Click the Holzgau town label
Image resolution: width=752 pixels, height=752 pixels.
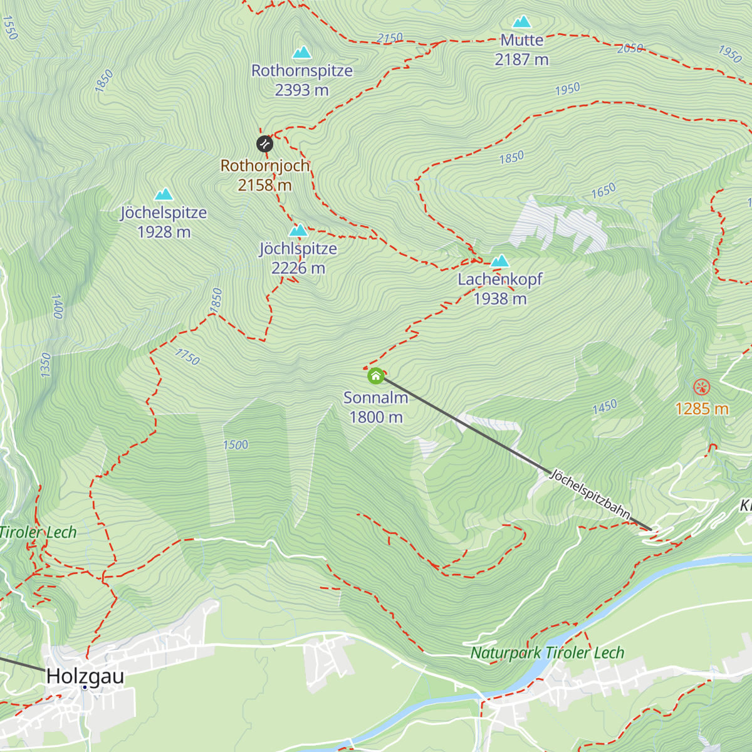(x=85, y=677)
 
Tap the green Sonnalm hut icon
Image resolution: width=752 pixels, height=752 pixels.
(x=375, y=376)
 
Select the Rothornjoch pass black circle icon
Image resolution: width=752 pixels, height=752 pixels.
(x=264, y=144)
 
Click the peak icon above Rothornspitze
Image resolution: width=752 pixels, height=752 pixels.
(x=302, y=52)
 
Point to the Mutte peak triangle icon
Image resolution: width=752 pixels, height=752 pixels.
(x=521, y=22)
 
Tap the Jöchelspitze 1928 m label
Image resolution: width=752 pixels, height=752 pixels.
(x=164, y=222)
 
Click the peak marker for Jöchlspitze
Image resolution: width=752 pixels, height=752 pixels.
(x=298, y=231)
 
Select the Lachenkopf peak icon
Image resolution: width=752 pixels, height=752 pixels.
(x=499, y=261)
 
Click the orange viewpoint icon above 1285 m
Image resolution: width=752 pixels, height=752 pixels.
(x=702, y=387)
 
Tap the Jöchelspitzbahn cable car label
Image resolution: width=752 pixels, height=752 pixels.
(x=590, y=494)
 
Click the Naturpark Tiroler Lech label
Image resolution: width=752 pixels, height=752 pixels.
(x=547, y=653)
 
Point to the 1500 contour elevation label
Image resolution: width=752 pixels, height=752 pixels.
(x=236, y=445)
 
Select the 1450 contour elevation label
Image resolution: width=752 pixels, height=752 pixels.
(x=605, y=407)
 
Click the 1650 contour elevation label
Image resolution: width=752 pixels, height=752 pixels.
(x=603, y=191)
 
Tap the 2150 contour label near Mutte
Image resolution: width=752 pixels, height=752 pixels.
(x=390, y=38)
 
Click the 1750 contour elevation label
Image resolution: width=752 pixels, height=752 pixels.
(x=187, y=357)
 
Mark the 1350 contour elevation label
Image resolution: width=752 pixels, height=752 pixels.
(x=45, y=365)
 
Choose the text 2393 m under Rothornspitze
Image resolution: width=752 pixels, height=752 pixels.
(x=301, y=90)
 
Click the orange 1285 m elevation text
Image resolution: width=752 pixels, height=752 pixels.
(x=702, y=409)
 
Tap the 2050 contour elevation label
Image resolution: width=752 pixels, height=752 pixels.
(x=630, y=48)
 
